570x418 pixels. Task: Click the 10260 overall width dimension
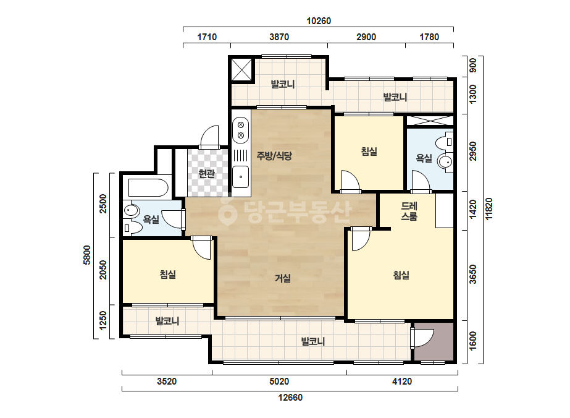pos(319,21)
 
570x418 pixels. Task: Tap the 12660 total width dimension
pos(290,397)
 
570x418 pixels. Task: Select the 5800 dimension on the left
pos(87,255)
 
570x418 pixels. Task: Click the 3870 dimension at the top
pos(279,36)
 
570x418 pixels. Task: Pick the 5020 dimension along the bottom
pos(279,382)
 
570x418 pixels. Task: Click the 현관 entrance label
pos(206,174)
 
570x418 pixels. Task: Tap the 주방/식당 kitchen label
pos(274,156)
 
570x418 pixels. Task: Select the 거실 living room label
pos(282,278)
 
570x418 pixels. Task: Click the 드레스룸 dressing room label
pos(409,211)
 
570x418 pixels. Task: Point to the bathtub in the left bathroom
pos(148,187)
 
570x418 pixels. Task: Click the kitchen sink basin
pos(241,177)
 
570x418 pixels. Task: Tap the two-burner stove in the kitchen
pos(241,130)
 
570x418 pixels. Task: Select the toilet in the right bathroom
pos(446,142)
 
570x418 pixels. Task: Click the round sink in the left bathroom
pos(132,211)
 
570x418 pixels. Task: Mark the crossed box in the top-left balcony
pos(241,69)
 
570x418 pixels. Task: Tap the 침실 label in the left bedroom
pos(168,274)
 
